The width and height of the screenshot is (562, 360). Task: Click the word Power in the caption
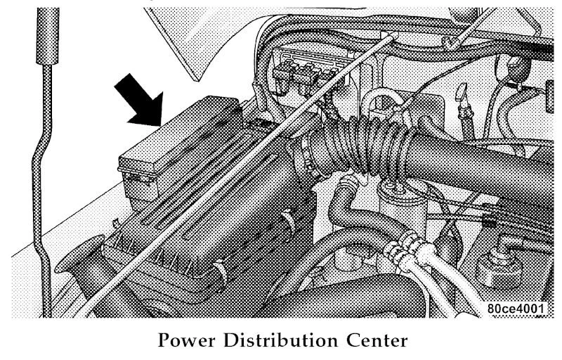(187, 340)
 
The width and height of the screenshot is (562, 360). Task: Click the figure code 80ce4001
(516, 309)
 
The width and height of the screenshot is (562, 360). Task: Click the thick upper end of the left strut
(48, 36)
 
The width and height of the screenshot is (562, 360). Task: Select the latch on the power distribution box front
(138, 177)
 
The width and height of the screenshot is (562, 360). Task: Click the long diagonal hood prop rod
(233, 176)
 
